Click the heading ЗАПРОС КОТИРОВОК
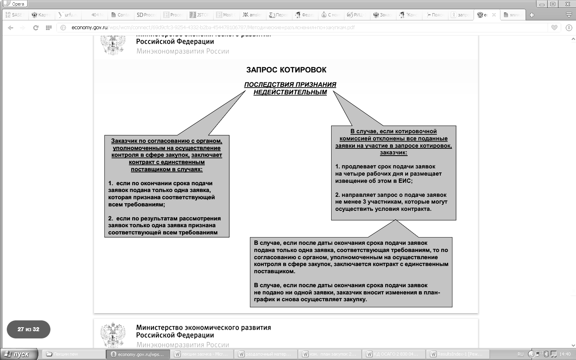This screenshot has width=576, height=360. (286, 70)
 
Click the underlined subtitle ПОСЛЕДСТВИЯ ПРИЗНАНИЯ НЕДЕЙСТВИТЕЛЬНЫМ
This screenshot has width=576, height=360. (290, 88)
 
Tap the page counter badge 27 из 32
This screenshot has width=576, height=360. (28, 330)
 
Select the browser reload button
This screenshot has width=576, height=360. (36, 28)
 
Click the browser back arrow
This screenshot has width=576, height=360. (11, 28)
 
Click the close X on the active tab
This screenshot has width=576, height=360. (494, 15)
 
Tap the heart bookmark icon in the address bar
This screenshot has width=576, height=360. (554, 28)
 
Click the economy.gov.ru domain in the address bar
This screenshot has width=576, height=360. (90, 28)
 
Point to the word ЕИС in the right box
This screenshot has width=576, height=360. (404, 181)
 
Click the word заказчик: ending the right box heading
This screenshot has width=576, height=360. (394, 152)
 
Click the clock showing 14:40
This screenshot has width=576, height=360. (565, 354)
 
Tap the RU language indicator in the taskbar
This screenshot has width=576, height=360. (520, 354)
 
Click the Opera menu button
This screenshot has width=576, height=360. (15, 4)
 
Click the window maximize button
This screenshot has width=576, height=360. (553, 4)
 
